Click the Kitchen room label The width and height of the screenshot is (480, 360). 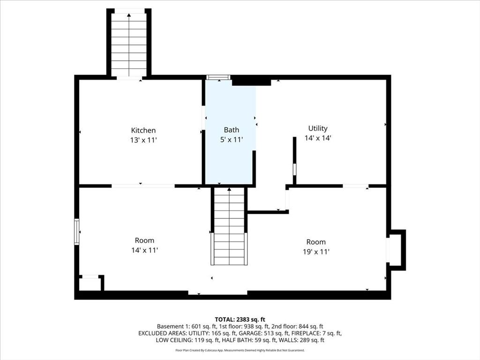click(143, 130)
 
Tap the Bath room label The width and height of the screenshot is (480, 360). click(232, 130)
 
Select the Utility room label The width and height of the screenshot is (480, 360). click(318, 128)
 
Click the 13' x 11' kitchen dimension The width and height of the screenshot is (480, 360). click(143, 140)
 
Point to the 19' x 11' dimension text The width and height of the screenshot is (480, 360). click(316, 252)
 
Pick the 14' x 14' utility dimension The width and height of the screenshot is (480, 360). click(318, 138)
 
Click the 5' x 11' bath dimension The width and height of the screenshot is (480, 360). click(232, 140)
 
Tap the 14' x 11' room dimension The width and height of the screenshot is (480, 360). click(144, 250)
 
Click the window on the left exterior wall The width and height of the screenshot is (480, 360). click(77, 232)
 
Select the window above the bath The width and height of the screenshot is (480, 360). click(218, 77)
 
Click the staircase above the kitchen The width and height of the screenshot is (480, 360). click(129, 45)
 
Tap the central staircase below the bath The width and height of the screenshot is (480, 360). click(229, 226)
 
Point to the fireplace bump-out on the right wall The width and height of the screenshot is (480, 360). click(397, 250)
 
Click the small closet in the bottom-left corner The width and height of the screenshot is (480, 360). click(90, 283)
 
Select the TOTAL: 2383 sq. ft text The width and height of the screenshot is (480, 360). click(240, 320)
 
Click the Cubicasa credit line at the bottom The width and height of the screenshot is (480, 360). click(240, 350)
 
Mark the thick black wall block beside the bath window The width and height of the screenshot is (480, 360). click(251, 82)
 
